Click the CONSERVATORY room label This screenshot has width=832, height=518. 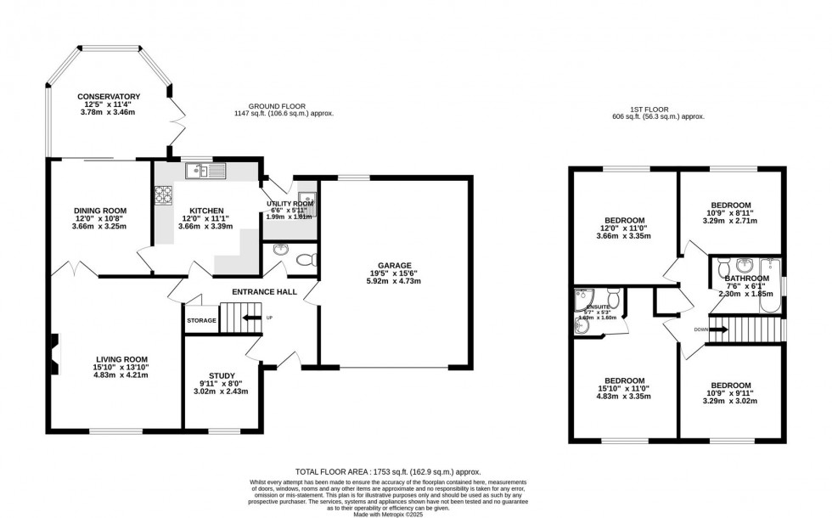coord(108,96)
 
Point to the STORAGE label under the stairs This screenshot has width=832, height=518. coord(202,320)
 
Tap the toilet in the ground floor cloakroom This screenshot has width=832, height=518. coord(311,257)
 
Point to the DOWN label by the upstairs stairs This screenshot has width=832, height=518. coord(700,329)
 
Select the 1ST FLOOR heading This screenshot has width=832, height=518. coord(659,110)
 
